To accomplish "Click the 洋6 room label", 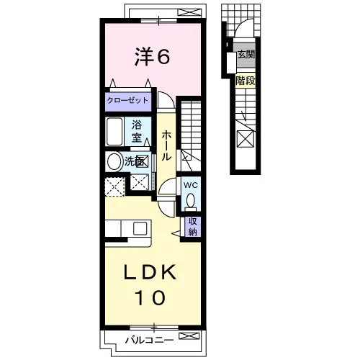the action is point(152,56).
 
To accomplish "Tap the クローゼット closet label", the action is point(127,100).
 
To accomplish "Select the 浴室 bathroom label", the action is point(137,131).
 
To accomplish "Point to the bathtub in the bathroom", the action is point(114,132).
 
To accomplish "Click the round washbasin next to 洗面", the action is point(114,161).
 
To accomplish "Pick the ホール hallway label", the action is point(166,145).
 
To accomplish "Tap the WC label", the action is point(191,185).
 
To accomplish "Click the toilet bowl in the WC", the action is point(191,200).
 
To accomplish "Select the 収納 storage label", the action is point(192,227).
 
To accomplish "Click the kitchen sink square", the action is point(140,228).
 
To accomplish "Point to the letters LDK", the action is point(150,272).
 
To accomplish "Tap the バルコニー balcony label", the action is point(149,340).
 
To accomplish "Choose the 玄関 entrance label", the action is point(246,55).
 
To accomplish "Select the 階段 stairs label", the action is point(246,81).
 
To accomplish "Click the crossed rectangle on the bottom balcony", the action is point(189,336).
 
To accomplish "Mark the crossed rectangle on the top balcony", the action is point(191,12).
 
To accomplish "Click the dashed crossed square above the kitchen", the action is point(115,186).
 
